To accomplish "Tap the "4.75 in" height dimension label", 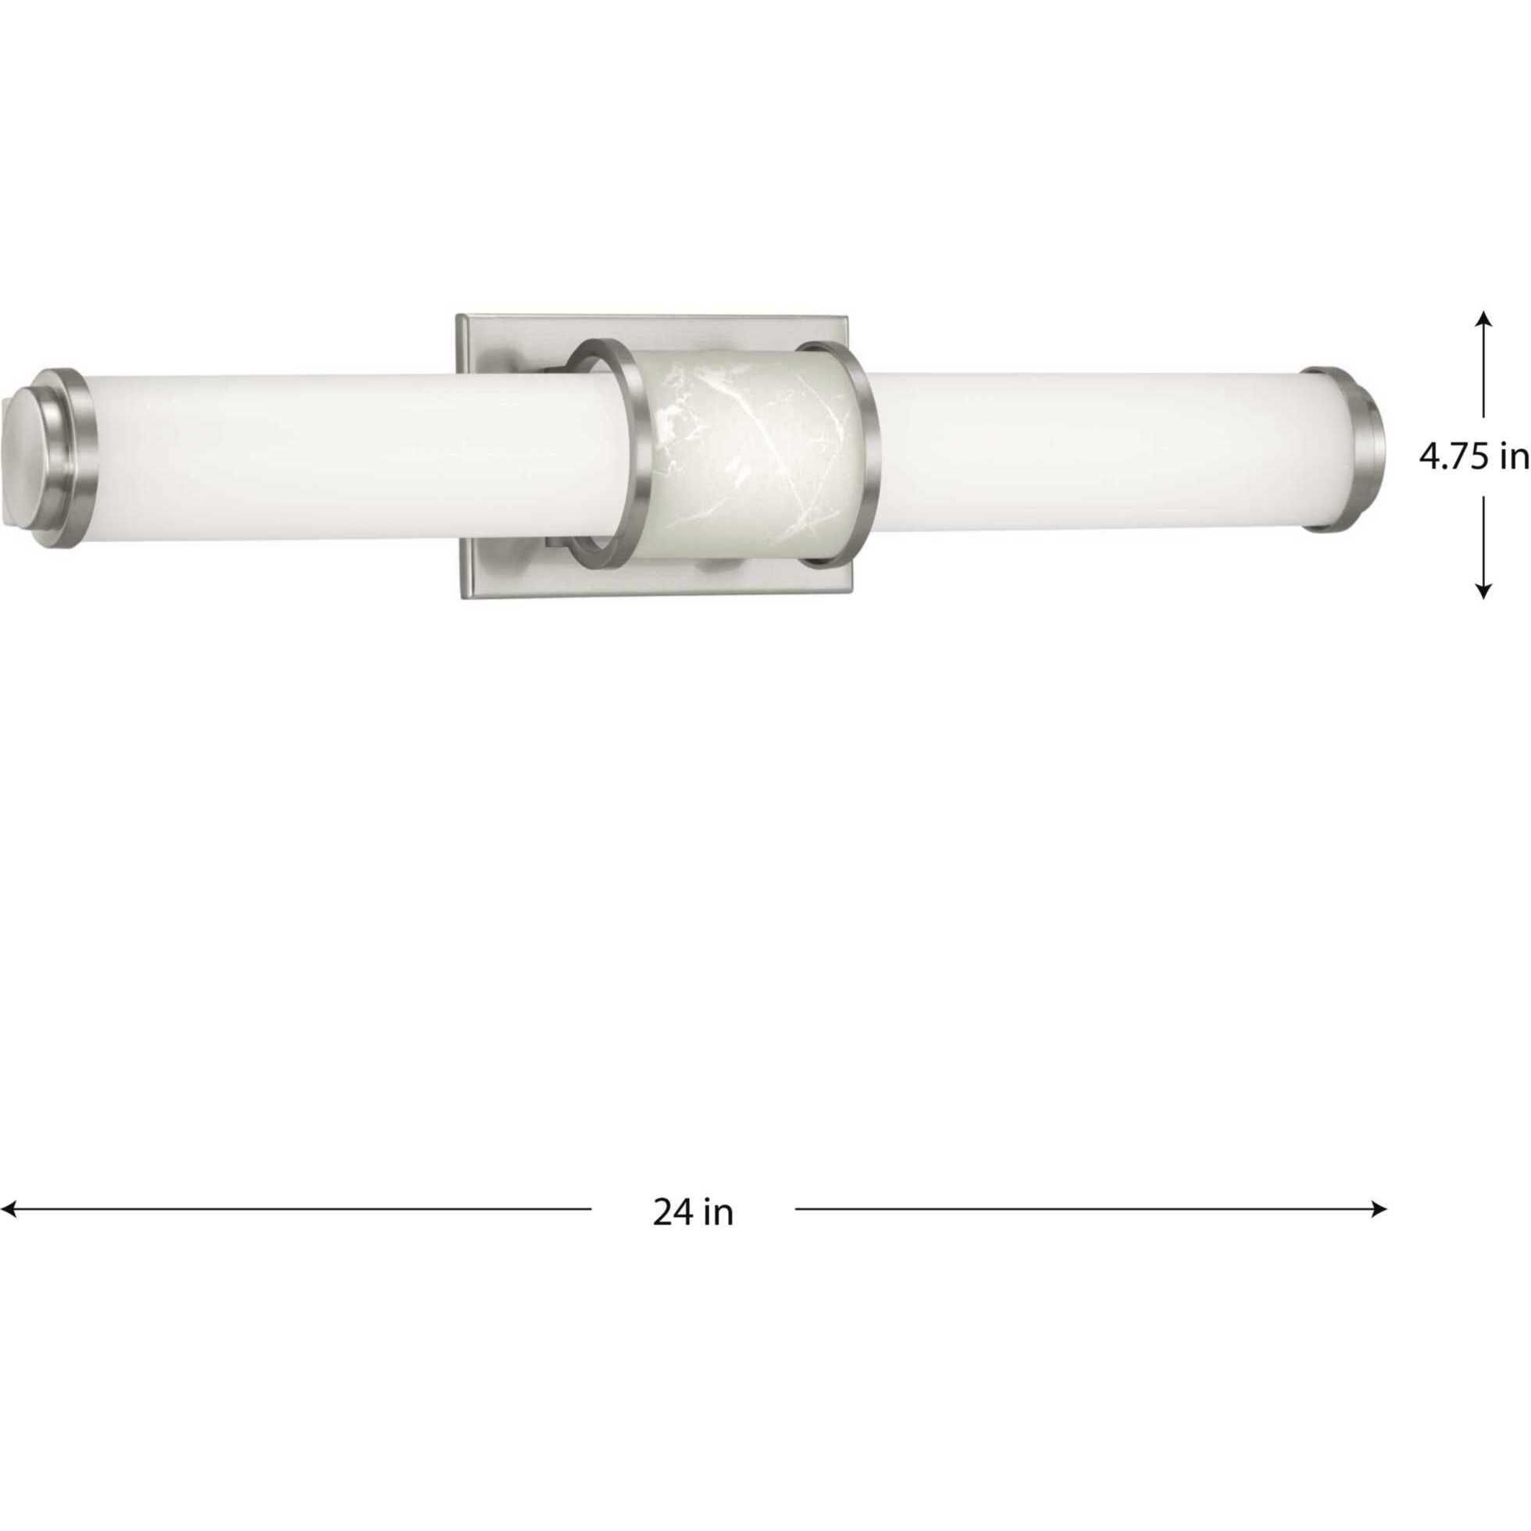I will click(x=1473, y=457).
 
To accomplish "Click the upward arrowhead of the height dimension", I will click(x=1484, y=318).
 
